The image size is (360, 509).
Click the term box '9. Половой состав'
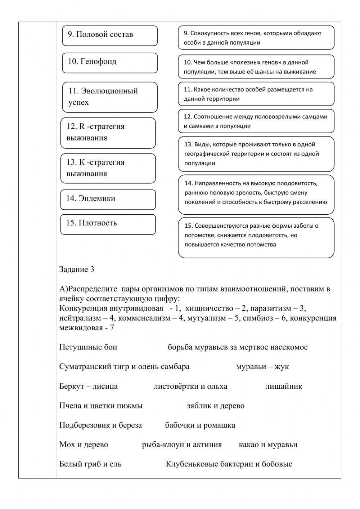110,35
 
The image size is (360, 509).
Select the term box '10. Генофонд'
110,63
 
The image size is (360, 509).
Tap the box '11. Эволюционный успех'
110,97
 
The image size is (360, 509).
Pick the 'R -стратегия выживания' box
108,133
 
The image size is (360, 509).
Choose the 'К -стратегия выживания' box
108,168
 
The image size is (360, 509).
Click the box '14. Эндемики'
108,199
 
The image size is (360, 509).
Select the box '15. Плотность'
108,224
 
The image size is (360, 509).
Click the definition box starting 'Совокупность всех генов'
256,38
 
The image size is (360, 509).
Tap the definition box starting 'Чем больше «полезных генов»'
256,67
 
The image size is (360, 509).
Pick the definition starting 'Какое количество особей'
256,94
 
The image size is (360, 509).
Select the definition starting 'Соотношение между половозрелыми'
256,121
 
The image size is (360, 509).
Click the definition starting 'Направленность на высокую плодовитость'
256,193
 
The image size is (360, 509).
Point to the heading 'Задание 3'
77,269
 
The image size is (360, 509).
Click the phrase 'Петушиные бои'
88,347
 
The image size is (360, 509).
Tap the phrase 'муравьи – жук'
262,367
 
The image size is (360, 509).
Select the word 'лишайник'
284,386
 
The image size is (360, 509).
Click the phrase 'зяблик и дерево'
216,406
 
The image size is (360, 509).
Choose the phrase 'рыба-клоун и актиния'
182,445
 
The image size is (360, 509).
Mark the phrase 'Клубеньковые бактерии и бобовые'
229,464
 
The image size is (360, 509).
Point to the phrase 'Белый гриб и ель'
90,464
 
